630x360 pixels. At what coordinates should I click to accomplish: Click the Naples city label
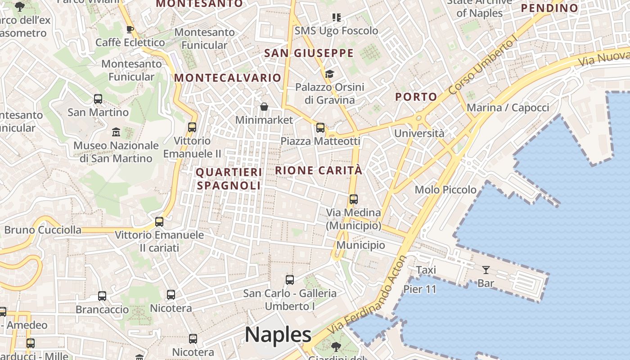[x=278, y=335]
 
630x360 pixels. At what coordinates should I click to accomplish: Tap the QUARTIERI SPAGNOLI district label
[x=229, y=179]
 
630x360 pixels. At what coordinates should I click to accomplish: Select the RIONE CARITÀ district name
[x=319, y=171]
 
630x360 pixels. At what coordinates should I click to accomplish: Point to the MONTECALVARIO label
[x=228, y=78]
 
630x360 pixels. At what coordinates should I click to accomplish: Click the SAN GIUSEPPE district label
[x=309, y=53]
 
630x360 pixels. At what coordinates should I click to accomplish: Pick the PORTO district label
[x=416, y=97]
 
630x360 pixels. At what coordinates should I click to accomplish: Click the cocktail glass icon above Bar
[x=486, y=270]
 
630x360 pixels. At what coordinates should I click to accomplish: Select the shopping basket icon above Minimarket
[x=264, y=107]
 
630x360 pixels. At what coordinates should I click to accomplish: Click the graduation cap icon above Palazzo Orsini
[x=330, y=74]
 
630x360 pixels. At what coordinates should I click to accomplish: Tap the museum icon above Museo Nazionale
[x=116, y=132]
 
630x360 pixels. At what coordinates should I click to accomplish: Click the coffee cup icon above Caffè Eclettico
[x=130, y=30]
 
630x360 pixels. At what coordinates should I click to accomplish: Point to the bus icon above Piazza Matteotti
[x=320, y=128]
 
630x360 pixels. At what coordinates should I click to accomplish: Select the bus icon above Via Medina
[x=354, y=199]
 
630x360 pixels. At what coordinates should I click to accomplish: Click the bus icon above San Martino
[x=98, y=99]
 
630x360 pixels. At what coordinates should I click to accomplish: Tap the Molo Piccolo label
[x=445, y=189]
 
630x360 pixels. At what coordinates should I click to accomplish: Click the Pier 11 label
[x=420, y=289]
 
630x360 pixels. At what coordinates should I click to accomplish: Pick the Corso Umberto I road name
[x=481, y=67]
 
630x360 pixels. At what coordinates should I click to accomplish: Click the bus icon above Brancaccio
[x=102, y=296]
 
